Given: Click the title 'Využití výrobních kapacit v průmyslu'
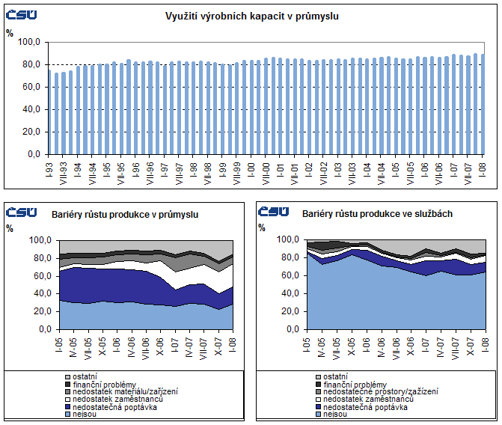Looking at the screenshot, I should click(252, 16).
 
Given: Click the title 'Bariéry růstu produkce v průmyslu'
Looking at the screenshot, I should click(124, 214).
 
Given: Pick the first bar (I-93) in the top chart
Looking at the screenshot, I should click(49, 112).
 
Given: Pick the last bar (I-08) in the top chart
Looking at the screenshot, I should click(483, 104).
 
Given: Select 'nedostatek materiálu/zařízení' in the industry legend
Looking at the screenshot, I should click(120, 391).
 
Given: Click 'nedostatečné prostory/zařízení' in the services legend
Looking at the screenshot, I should click(375, 391).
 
